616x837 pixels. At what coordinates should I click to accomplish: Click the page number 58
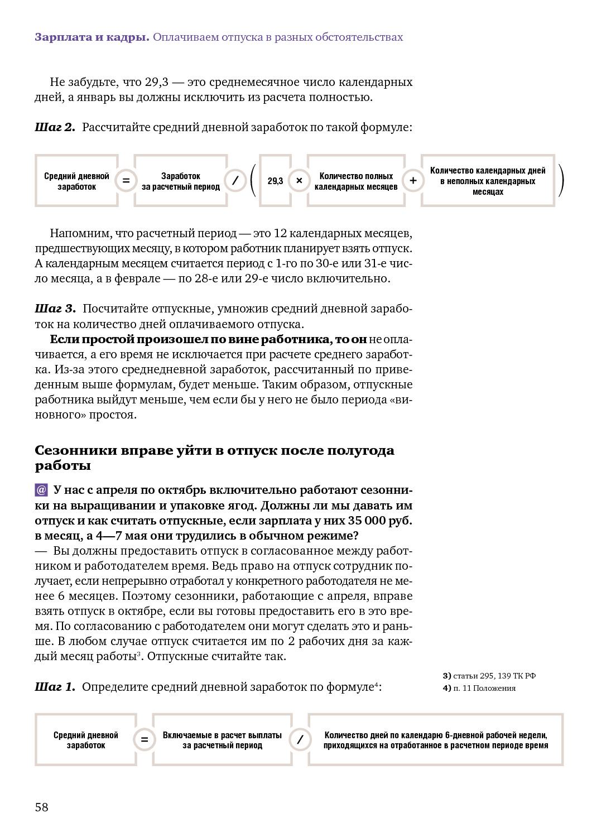[x=41, y=807]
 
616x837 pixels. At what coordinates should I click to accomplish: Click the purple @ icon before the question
[x=41, y=490]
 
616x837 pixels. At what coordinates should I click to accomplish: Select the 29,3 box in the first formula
[x=275, y=181]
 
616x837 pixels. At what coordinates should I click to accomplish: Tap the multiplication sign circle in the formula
[x=299, y=181]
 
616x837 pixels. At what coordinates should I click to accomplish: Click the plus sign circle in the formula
[x=413, y=181]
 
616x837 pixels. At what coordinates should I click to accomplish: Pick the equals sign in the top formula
[x=126, y=181]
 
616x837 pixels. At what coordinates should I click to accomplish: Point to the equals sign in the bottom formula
[x=145, y=740]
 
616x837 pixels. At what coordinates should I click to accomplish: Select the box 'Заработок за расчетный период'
[x=181, y=181]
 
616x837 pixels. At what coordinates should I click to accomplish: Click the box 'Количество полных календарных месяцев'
[x=356, y=181]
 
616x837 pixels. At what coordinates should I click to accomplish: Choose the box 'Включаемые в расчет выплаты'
[x=222, y=740]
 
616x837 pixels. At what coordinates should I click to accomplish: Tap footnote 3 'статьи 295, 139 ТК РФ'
[x=489, y=676]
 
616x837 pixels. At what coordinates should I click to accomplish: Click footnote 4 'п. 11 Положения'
[x=479, y=688]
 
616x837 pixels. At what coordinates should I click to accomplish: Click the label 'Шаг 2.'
[x=55, y=127]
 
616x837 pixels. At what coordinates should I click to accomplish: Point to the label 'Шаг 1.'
[x=55, y=687]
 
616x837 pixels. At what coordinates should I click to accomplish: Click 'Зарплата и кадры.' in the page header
[x=92, y=37]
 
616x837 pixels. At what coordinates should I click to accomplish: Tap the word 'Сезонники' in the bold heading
[x=75, y=450]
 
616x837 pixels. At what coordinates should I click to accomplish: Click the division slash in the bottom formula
[x=300, y=740]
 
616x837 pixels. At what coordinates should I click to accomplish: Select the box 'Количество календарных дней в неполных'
[x=488, y=181]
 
